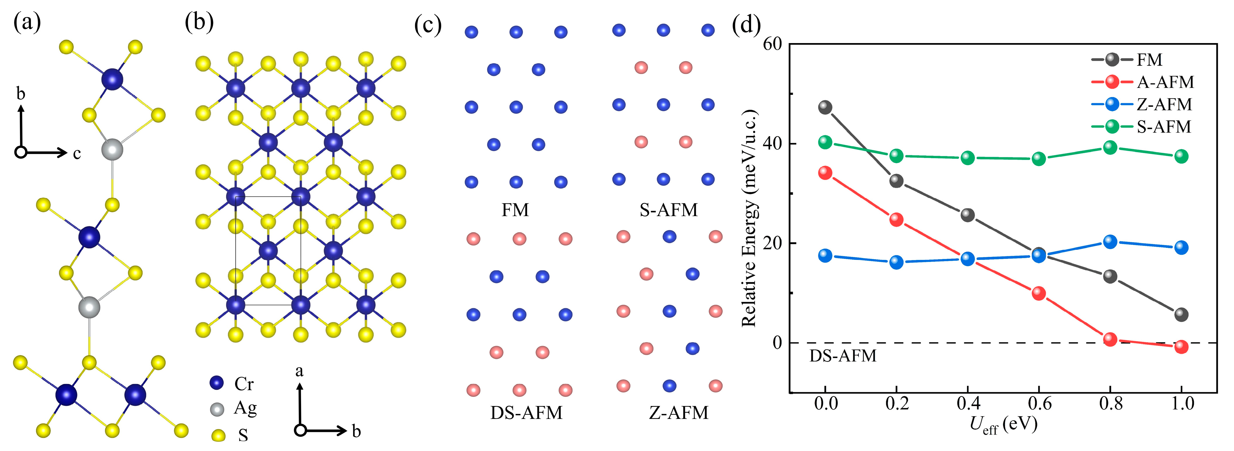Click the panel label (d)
tap(746, 25)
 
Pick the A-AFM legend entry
tap(1165, 82)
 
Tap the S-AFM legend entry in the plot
tap(1164, 127)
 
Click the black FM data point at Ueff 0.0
tap(825, 107)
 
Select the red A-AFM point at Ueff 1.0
tap(1181, 347)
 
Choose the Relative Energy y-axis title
tap(750, 218)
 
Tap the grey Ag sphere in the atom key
tap(217, 409)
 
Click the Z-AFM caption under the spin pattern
tap(678, 413)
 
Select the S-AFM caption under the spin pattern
tap(669, 210)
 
